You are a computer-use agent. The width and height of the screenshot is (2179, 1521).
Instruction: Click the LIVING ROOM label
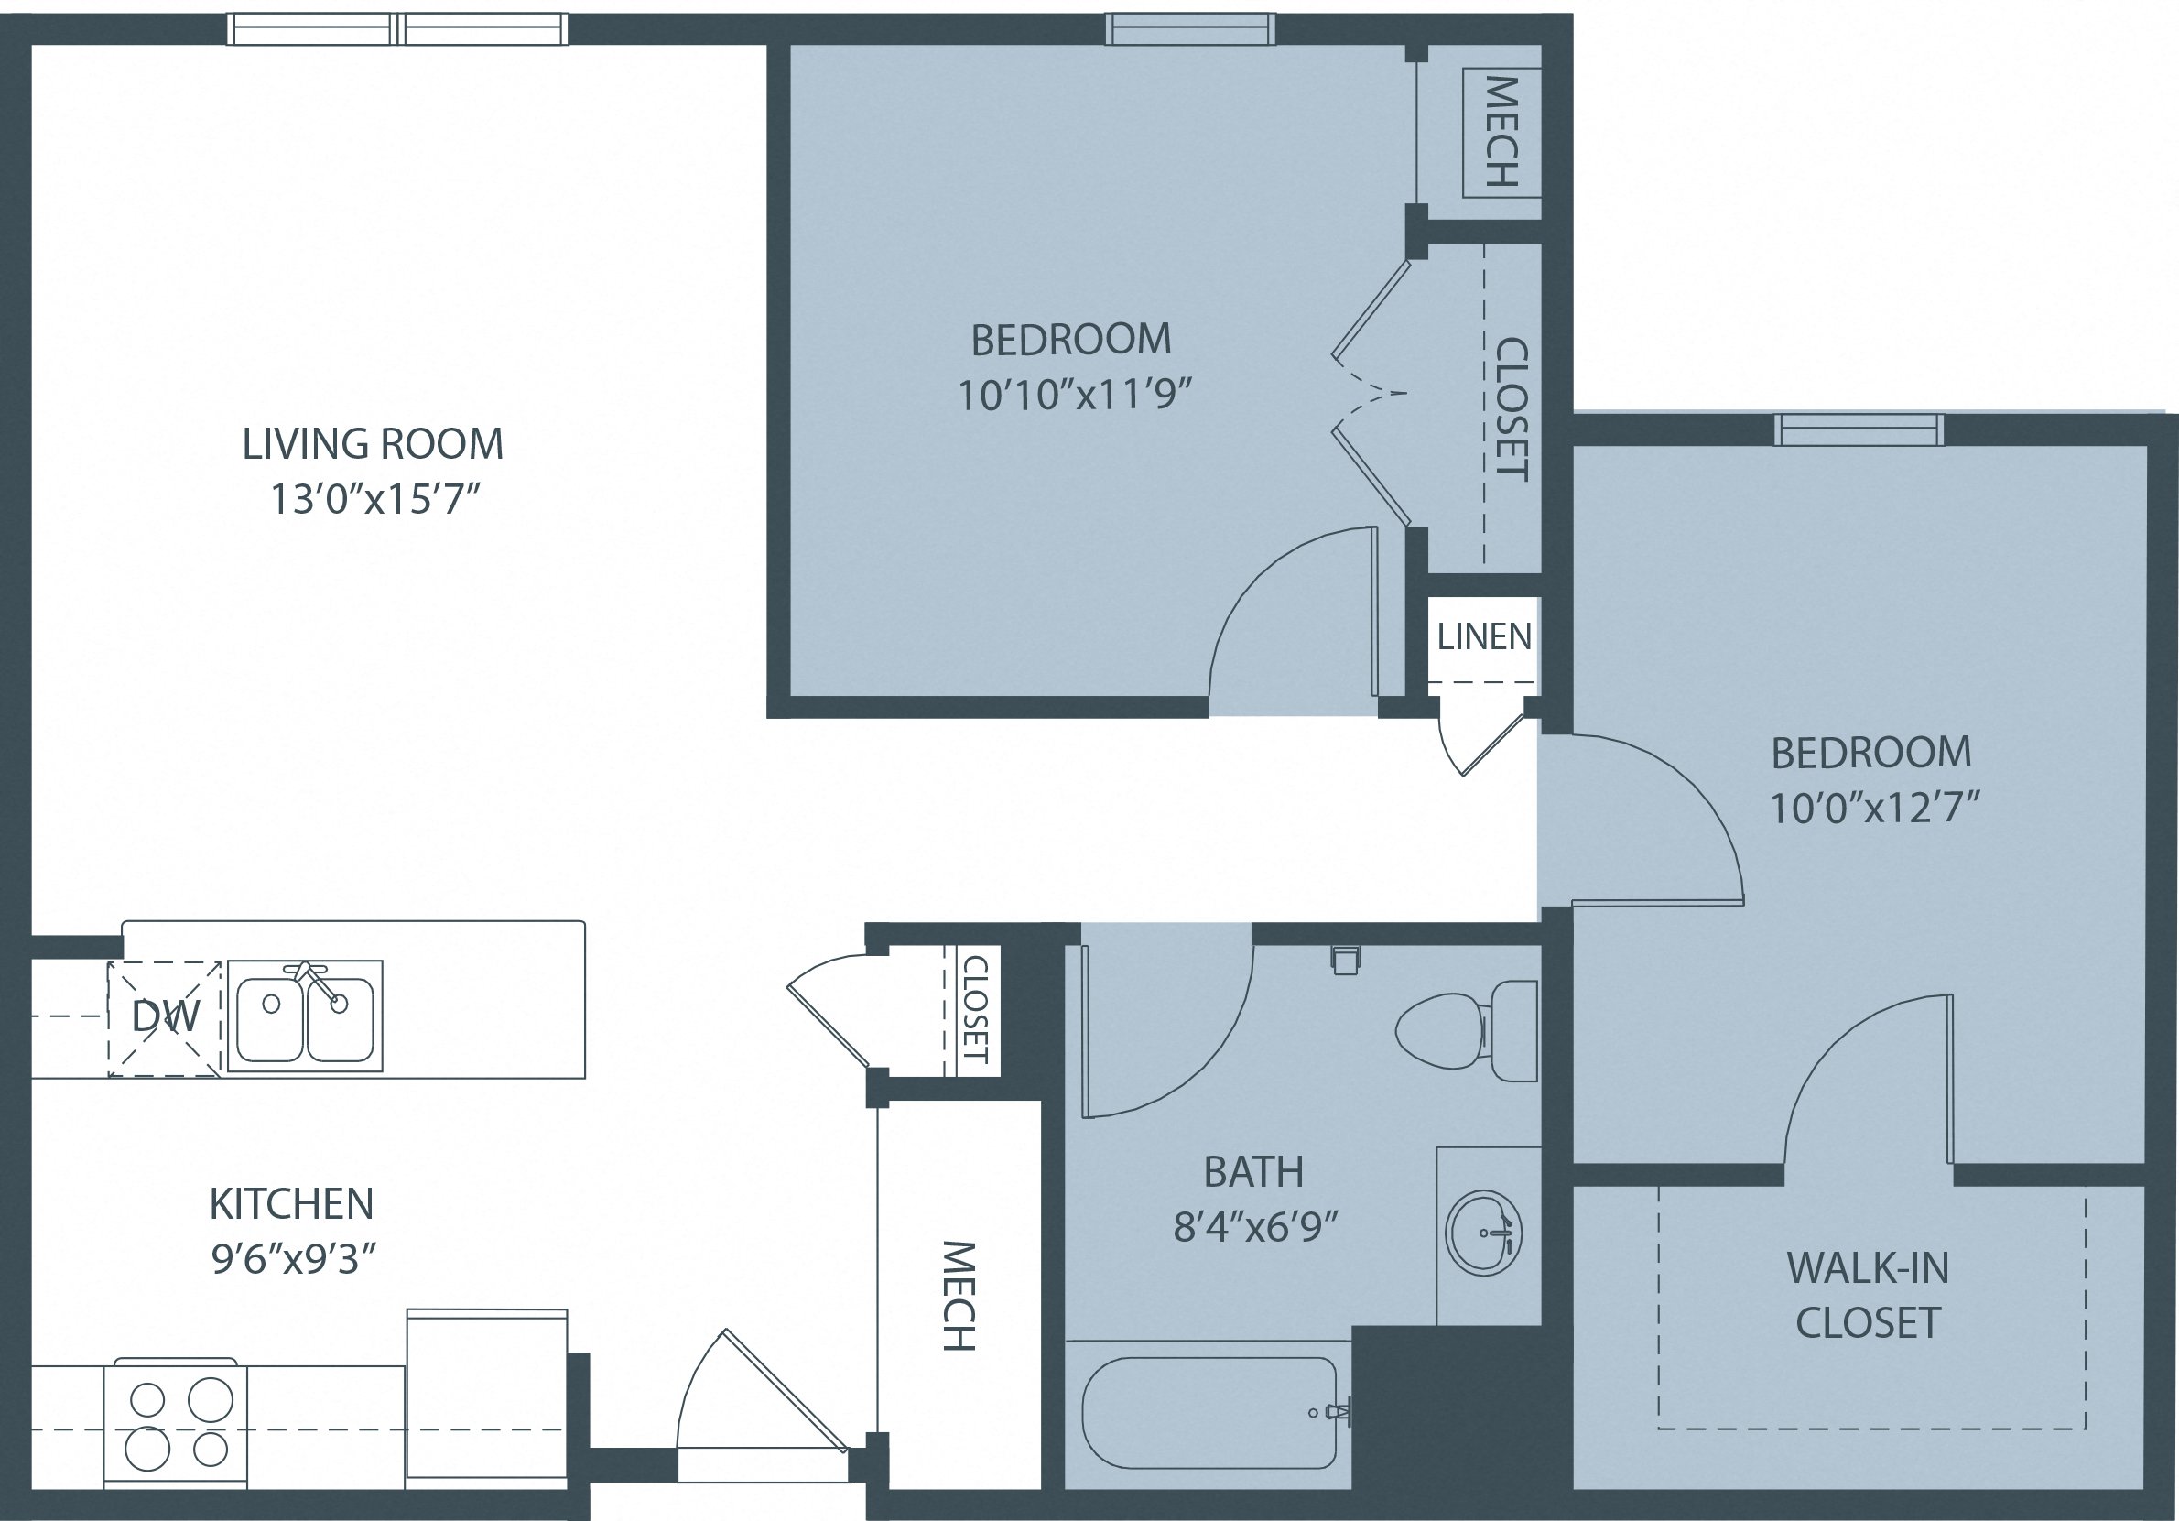click(x=372, y=444)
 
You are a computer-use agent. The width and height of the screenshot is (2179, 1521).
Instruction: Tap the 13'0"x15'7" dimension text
click(x=372, y=499)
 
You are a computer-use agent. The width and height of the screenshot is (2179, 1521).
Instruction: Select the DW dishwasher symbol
click(x=165, y=1019)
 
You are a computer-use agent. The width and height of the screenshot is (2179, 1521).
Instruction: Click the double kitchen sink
click(x=305, y=1016)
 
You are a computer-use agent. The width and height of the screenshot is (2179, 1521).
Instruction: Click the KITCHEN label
click(x=291, y=1205)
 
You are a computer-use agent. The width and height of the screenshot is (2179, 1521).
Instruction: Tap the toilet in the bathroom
click(x=1467, y=1032)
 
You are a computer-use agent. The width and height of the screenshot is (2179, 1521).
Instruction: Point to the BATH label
click(x=1252, y=1172)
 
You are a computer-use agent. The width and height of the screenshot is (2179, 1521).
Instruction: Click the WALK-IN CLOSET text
click(x=1868, y=1295)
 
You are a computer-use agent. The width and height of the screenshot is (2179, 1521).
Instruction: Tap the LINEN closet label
click(x=1484, y=637)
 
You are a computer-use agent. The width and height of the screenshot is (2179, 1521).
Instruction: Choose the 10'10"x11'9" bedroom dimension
click(x=1073, y=395)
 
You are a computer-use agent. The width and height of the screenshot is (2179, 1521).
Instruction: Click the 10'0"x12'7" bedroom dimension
click(x=1873, y=809)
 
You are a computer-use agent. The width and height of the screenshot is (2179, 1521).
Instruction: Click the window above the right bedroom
click(x=1859, y=430)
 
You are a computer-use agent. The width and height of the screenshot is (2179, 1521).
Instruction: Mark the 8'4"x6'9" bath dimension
click(x=1254, y=1229)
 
